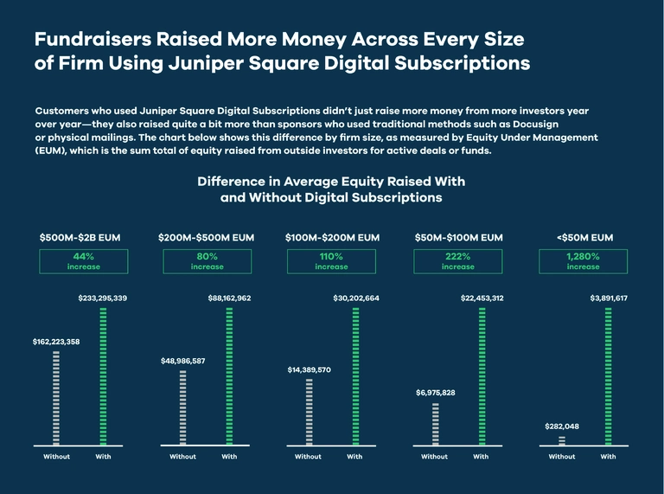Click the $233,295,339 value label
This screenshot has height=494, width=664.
coord(103,298)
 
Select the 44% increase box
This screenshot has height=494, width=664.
coord(83,261)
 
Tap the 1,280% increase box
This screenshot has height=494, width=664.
coord(583,261)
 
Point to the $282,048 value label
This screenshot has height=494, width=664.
coord(561,427)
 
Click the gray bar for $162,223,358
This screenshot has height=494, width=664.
coord(56,398)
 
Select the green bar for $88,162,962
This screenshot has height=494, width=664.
coord(229,376)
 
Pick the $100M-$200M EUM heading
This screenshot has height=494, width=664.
coord(332,237)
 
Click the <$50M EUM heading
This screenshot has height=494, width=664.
coord(583,237)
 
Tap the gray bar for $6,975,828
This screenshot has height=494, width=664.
coord(435,424)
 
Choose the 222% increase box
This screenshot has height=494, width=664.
coord(457,261)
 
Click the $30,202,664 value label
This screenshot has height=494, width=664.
coord(356,298)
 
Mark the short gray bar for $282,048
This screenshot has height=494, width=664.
coord(562,440)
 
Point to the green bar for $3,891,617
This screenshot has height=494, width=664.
coord(608,376)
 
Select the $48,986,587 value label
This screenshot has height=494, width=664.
coord(182,361)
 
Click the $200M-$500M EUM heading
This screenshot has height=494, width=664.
coord(207,237)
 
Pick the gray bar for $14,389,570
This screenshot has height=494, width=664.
coord(309,412)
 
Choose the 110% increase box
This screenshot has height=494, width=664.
coord(332,261)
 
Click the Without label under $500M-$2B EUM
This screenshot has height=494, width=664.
coord(56,456)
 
